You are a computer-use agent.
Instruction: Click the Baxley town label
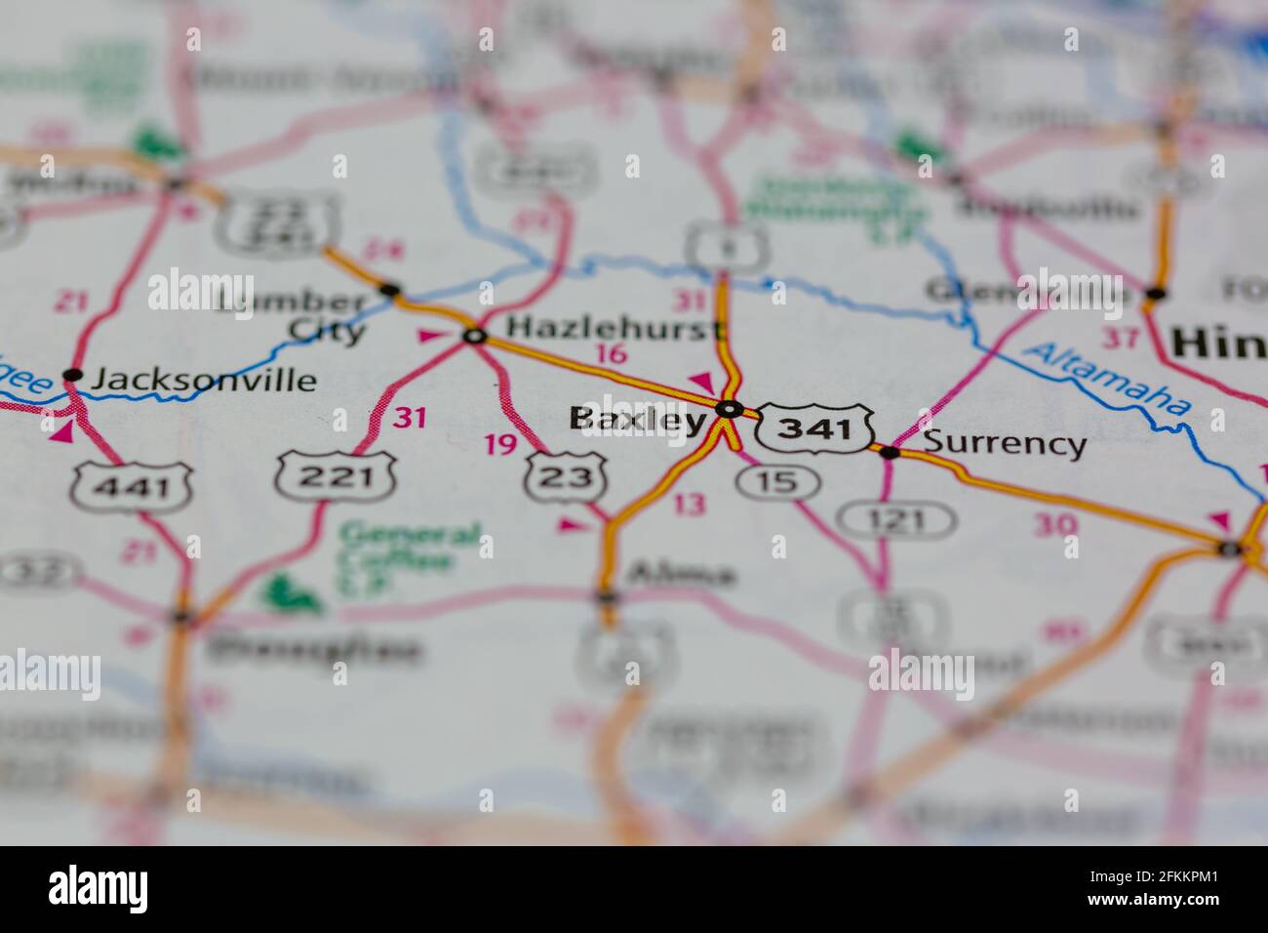tap(637, 420)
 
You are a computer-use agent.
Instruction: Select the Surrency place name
tap(1004, 443)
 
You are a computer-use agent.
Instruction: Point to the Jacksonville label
tap(203, 380)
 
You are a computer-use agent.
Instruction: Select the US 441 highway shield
tap(131, 486)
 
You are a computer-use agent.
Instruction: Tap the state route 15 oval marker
tap(777, 480)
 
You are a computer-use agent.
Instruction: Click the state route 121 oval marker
tap(898, 519)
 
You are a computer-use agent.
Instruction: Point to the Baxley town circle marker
tap(729, 409)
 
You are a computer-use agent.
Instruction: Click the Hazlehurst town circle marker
tap(475, 337)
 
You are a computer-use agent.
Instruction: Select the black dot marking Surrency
tap(890, 451)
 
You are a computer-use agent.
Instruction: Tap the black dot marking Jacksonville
tap(72, 374)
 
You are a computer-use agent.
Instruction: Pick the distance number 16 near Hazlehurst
tap(611, 354)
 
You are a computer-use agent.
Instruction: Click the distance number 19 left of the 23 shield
tap(500, 445)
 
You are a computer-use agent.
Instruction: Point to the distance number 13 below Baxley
tap(689, 505)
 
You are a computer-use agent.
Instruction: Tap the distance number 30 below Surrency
tap(1056, 525)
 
